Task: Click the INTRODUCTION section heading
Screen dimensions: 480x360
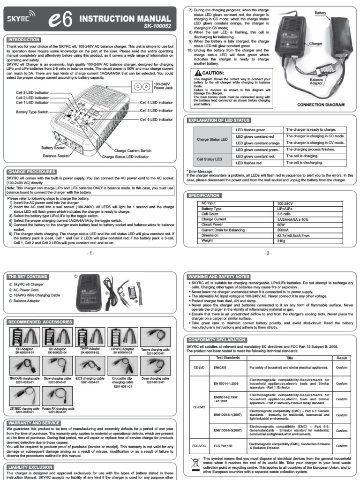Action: coord(23,40)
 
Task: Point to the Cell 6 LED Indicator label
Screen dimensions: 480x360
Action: coord(156,120)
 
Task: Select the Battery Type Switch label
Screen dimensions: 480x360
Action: coord(32,112)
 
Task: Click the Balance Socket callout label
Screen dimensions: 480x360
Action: coord(57,155)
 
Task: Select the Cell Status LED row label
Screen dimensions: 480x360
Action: coord(210,159)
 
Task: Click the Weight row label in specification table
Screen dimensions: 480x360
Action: coord(207,240)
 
